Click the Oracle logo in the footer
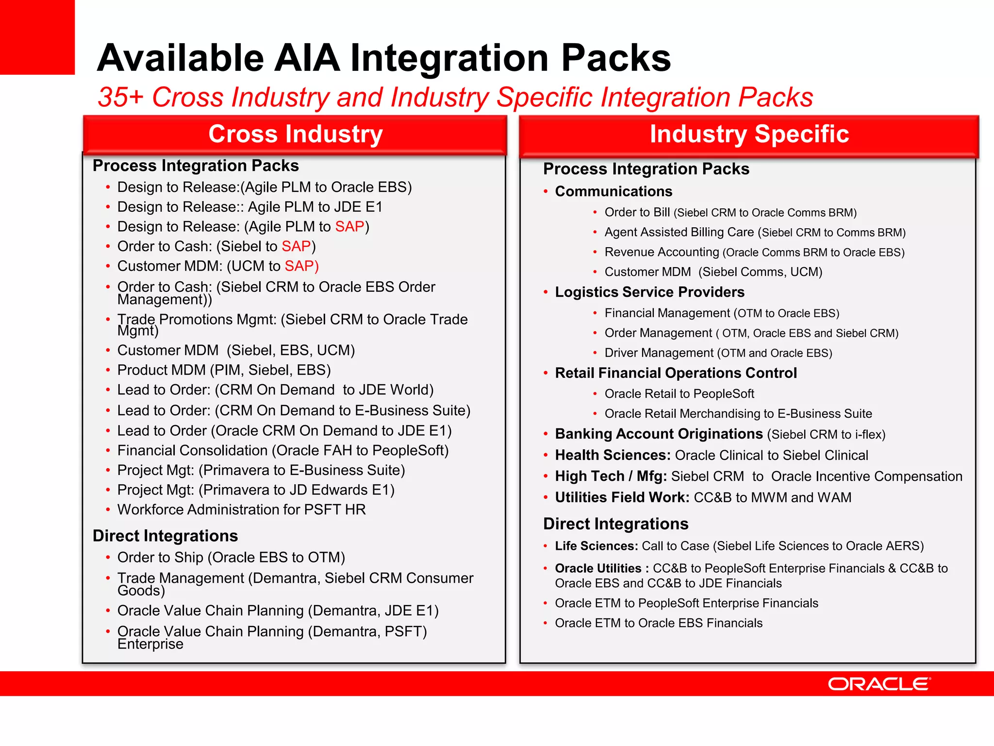(879, 684)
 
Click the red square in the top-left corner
(37, 37)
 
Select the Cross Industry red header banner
(295, 134)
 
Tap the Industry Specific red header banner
(749, 135)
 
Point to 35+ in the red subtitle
(120, 97)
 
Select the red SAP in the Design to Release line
(349, 227)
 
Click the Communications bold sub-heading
(613, 191)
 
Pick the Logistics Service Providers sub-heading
(649, 292)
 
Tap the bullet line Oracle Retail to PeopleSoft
(679, 394)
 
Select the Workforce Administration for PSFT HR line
(241, 509)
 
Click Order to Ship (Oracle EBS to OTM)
(231, 558)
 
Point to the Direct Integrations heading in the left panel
(165, 536)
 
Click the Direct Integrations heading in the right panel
(615, 524)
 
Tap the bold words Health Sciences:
(613, 456)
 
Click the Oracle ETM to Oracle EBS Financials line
(659, 623)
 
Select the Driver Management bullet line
(718, 353)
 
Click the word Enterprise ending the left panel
(150, 644)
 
